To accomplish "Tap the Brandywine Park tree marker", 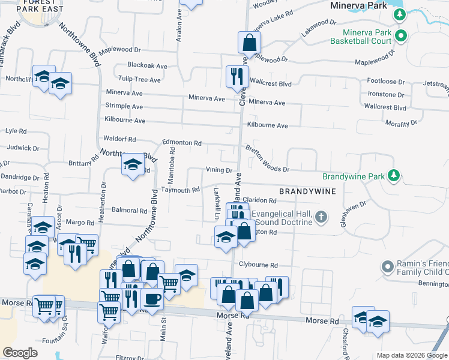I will coord(393,175).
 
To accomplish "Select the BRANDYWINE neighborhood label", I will coord(306,190).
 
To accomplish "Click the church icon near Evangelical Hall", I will coord(321,217).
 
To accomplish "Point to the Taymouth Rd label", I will coord(180,190).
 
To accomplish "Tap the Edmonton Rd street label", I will coord(181,143).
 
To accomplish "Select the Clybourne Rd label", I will coord(259,265).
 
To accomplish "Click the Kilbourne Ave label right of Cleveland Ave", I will coord(268,126).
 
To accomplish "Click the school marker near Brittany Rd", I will coord(132,165).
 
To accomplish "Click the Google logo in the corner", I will coord(20,353).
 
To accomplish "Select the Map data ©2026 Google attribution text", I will coord(411,355).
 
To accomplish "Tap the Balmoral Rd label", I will coord(130,211).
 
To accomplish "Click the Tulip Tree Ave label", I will coord(139,79).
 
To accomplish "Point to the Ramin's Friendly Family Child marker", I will coord(387,265).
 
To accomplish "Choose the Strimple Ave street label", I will coord(124,106).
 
